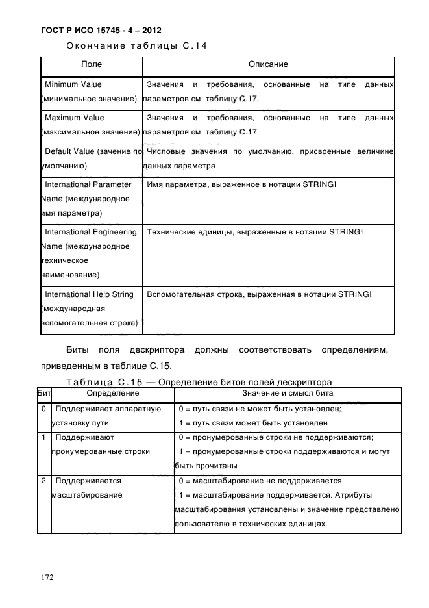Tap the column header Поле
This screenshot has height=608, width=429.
91,65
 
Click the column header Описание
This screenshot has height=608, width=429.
267,65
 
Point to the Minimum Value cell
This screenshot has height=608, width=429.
91,92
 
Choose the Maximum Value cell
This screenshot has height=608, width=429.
91,125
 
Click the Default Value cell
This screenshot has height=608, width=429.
91,158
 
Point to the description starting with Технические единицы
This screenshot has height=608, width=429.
254,232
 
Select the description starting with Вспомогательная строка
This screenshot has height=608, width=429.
259,294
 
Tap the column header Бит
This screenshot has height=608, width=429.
44,393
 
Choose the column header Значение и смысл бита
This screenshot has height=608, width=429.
288,393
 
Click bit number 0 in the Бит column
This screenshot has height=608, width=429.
43,409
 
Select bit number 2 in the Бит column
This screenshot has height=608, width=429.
43,481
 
